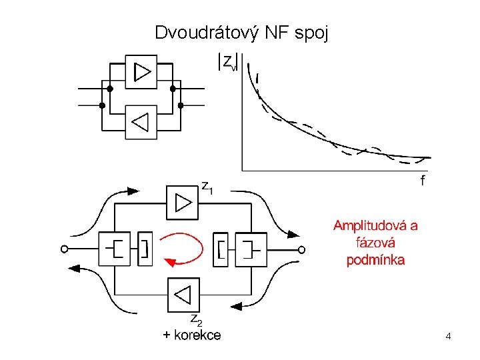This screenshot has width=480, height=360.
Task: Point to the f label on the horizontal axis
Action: coord(423,181)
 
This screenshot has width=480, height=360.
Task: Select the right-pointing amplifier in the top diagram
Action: coord(141,71)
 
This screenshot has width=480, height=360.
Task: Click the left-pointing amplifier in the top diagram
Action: coord(141,122)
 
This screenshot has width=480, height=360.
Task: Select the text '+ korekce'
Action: coord(192,335)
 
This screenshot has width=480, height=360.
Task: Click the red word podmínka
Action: coord(375,260)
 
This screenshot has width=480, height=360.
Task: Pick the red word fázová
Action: coord(375,243)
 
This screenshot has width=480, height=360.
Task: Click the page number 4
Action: coord(449,337)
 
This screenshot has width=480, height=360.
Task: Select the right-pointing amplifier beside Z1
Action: coord(182,202)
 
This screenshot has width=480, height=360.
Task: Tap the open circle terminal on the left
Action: coord(64,249)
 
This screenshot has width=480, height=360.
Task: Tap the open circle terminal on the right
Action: coord(301,249)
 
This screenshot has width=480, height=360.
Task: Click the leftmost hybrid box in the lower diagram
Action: coord(115,249)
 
